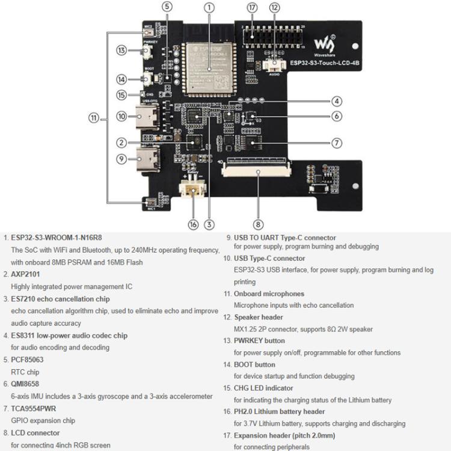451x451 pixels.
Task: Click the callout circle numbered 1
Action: pos(209,8)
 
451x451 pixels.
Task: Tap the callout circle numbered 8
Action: pos(258,224)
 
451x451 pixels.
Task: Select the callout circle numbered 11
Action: pos(93,118)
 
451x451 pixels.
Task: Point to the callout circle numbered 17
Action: pos(252,8)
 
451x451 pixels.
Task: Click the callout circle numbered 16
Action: pos(193,224)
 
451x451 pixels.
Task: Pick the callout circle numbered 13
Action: pos(122,51)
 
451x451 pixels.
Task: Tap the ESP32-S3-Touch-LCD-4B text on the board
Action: pos(325,62)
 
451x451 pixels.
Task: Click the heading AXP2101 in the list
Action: pos(26,274)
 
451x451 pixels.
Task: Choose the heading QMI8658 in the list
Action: pos(25,384)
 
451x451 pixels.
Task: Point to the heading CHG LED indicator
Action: pos(263,388)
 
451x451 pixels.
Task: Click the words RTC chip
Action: pos(25,372)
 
